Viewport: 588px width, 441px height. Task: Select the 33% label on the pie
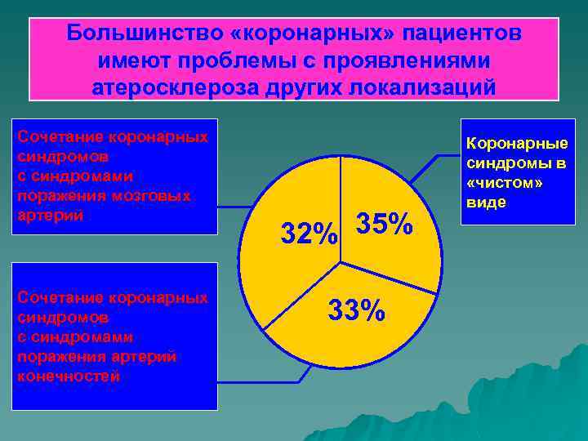pyautogui.click(x=355, y=310)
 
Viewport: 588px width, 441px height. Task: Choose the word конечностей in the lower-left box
pyautogui.click(x=69, y=376)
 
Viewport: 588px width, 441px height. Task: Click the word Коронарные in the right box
pyautogui.click(x=517, y=144)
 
